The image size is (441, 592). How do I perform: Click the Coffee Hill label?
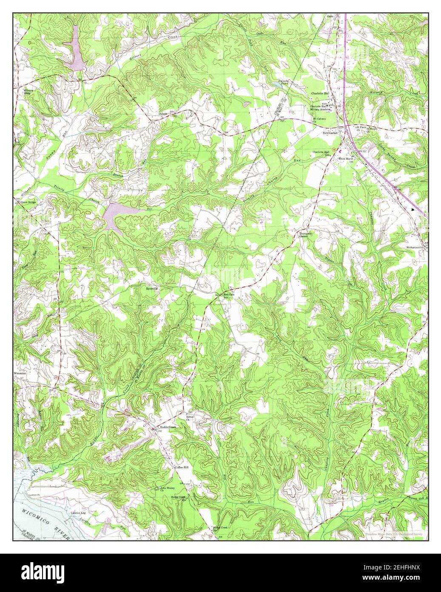point(182,467)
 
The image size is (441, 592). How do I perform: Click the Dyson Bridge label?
point(28,203)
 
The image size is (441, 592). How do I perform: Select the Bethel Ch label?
point(187,418)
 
